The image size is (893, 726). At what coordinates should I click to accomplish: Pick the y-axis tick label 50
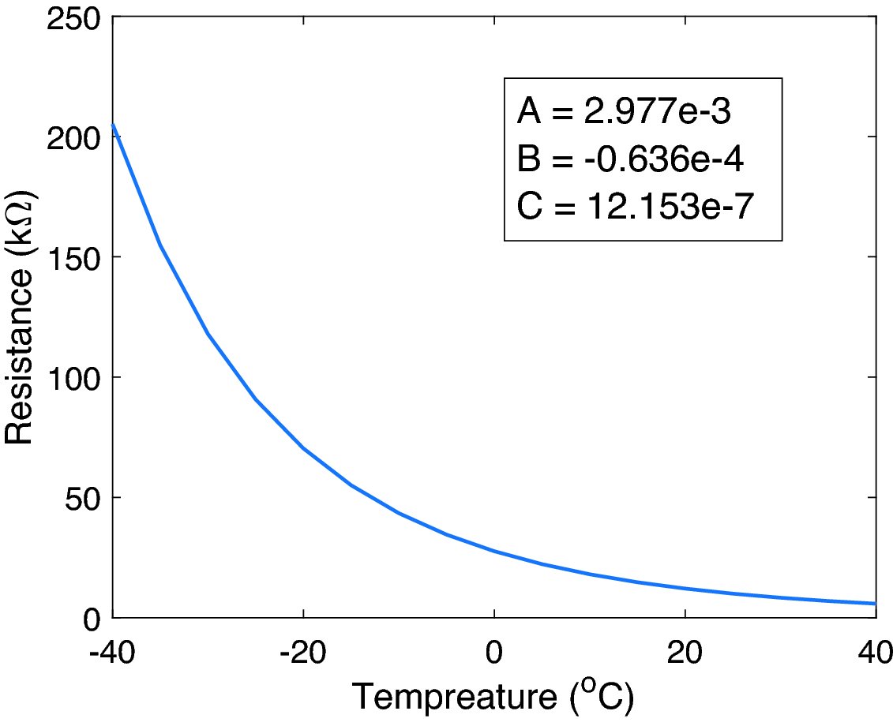pyautogui.click(x=83, y=498)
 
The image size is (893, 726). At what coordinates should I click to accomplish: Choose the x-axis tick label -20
pyautogui.click(x=303, y=653)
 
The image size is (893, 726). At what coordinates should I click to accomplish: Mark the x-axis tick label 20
pyautogui.click(x=685, y=653)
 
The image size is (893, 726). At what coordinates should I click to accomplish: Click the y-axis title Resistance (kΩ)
pyautogui.click(x=21, y=317)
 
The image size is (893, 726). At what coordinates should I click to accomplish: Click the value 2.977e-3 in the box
pyautogui.click(x=658, y=113)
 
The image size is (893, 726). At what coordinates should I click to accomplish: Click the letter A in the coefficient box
pyautogui.click(x=529, y=113)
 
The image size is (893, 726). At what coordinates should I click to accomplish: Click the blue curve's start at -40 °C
pyautogui.click(x=113, y=124)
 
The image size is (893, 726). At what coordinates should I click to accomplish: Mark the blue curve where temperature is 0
pyautogui.click(x=494, y=551)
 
